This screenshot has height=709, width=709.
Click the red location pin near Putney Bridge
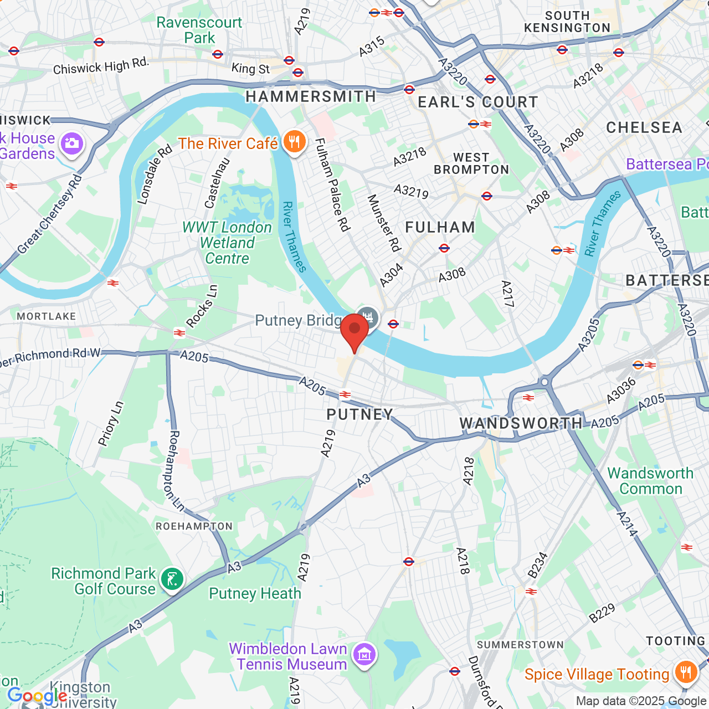tap(354, 331)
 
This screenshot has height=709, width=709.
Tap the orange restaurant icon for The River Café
tap(294, 142)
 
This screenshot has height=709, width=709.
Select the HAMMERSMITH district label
tap(311, 97)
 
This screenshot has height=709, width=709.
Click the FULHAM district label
tap(440, 228)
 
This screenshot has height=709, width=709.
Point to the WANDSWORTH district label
tap(521, 424)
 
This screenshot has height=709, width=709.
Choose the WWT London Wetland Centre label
tap(227, 243)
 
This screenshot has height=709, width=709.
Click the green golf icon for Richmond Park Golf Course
tap(172, 580)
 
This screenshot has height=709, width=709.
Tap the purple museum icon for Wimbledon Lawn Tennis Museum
tap(364, 656)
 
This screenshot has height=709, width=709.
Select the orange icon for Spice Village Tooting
tap(686, 673)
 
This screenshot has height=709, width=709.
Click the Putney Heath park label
tap(255, 594)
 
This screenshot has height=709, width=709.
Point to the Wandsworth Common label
tap(650, 481)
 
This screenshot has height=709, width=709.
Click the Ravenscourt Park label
tap(199, 30)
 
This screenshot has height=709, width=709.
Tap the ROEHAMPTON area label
tap(194, 526)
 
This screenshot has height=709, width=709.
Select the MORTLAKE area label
tap(47, 316)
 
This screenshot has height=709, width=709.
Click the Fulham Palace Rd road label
tap(332, 184)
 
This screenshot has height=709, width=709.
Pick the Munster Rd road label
tap(384, 223)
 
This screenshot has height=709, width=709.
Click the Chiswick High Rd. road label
tap(101, 66)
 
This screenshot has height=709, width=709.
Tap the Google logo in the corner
tap(37, 696)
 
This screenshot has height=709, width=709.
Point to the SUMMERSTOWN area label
tap(520, 645)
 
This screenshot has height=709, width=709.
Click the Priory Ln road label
tap(111, 424)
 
